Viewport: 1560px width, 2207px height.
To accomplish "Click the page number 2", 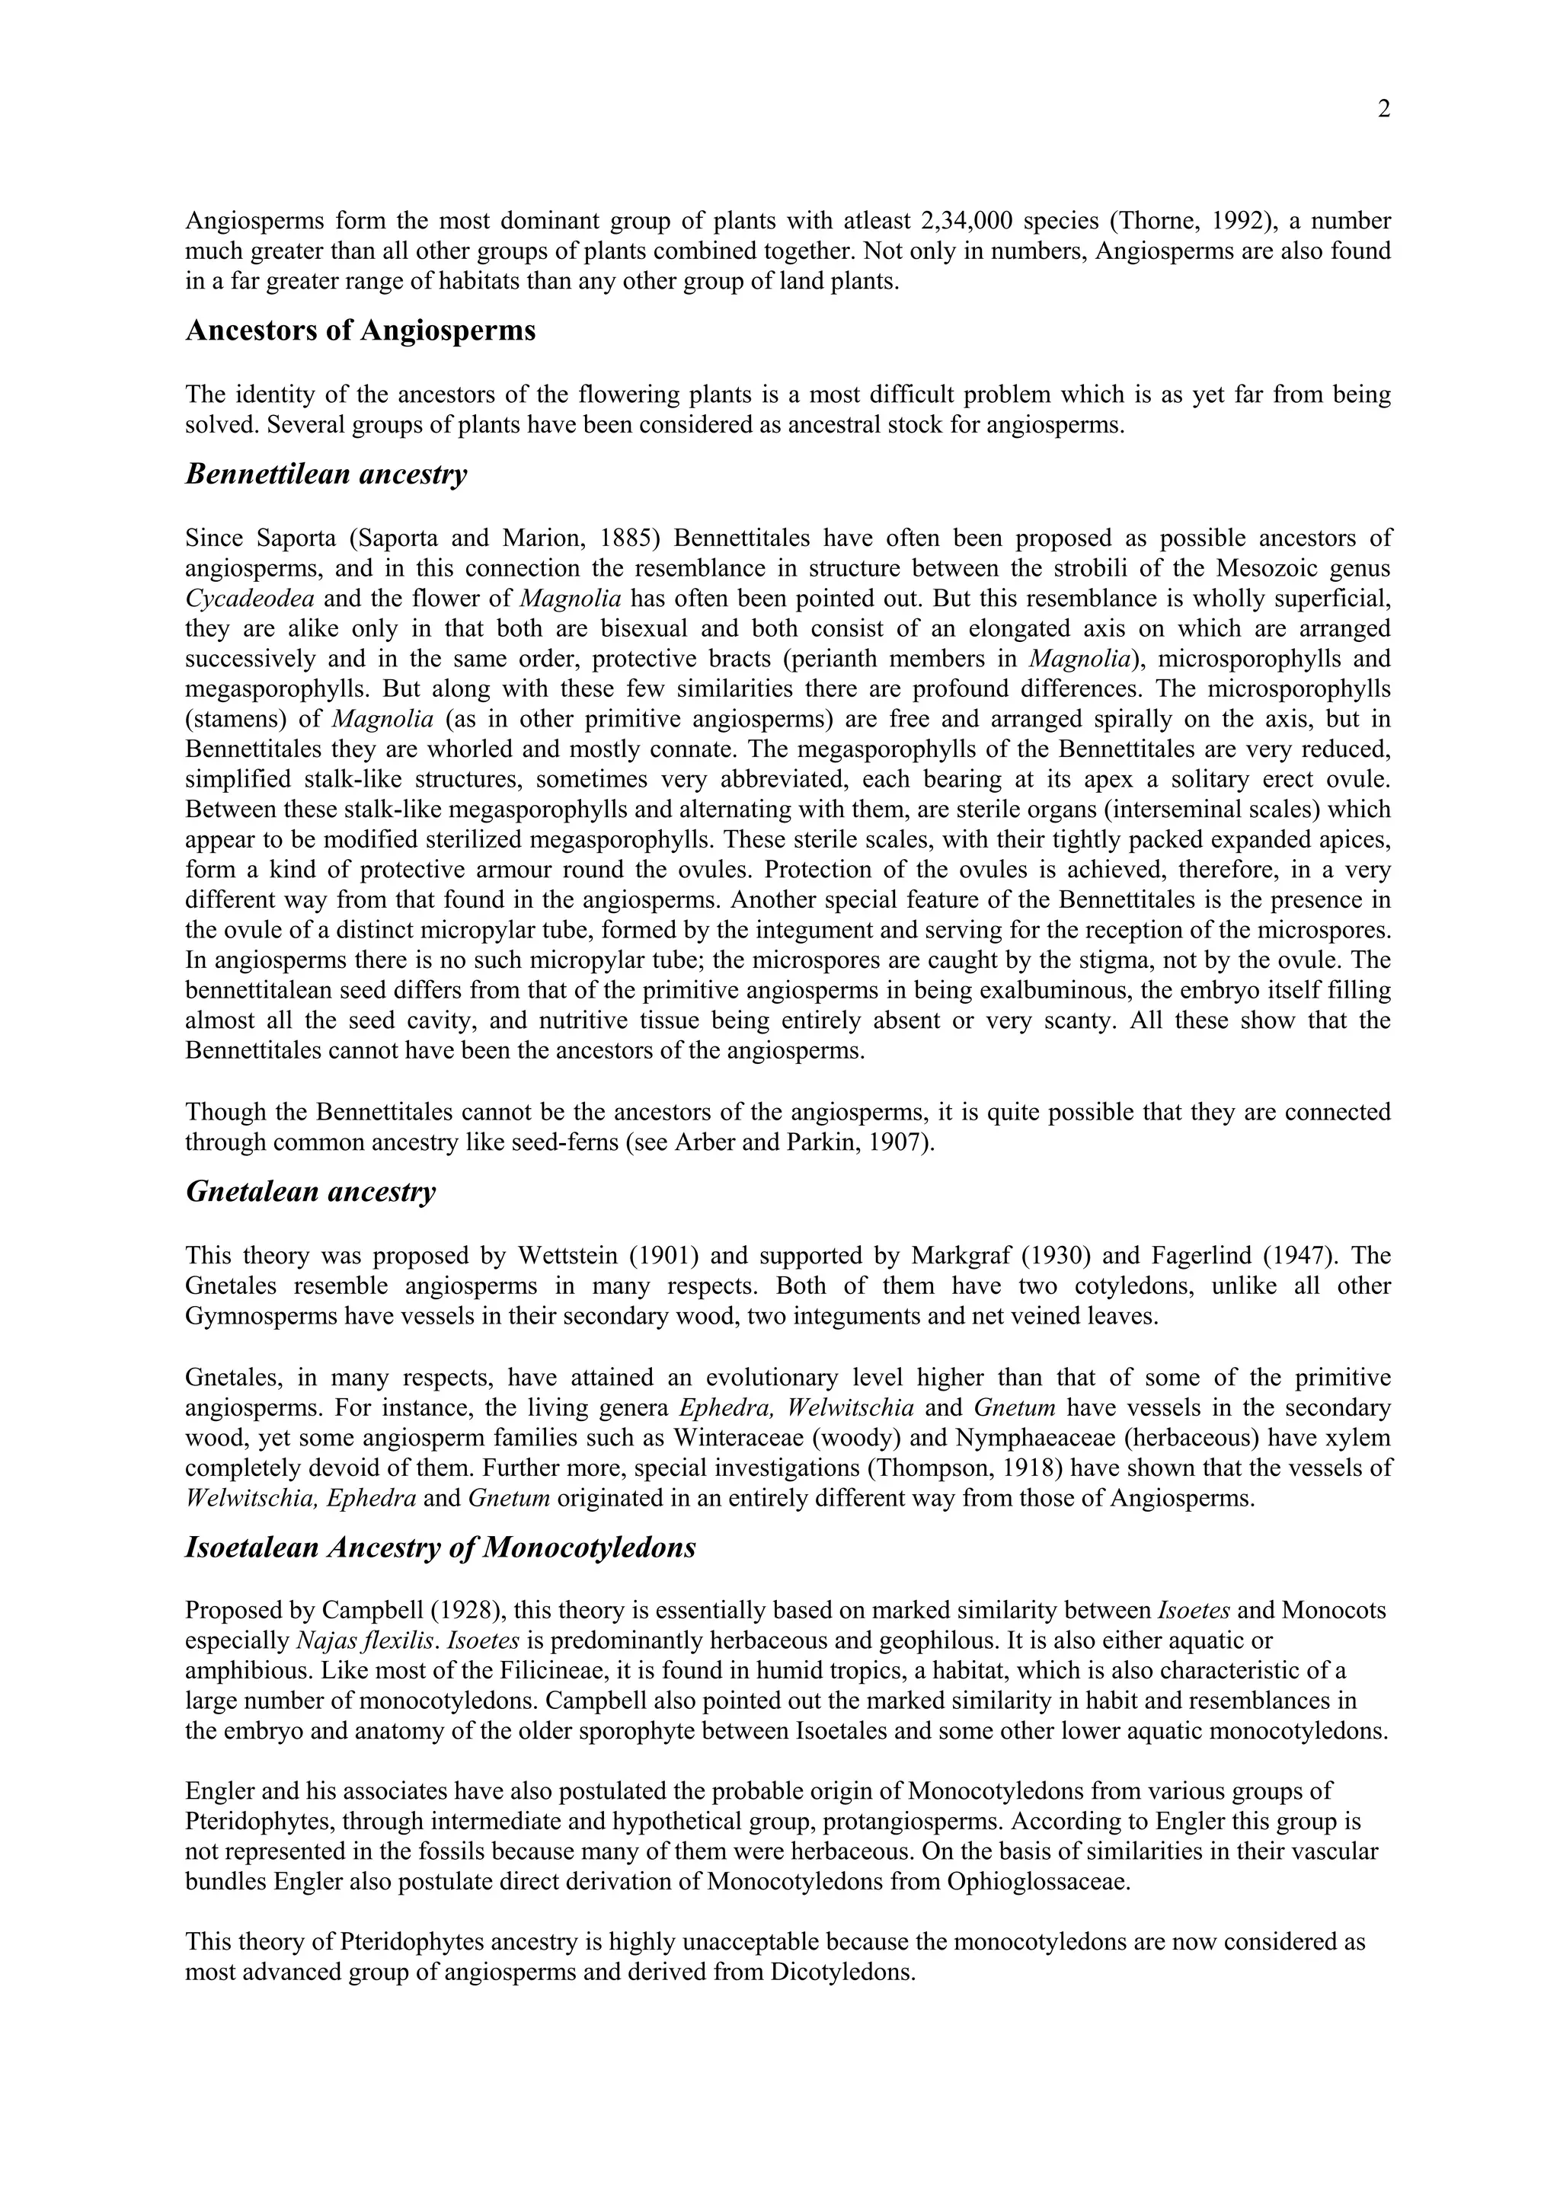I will click(x=1383, y=110).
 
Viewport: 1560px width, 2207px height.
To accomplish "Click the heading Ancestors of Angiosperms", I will click(x=360, y=331).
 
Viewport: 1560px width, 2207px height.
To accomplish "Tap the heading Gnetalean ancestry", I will click(x=311, y=1192).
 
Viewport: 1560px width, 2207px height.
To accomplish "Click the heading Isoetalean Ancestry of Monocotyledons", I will click(x=440, y=1548).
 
